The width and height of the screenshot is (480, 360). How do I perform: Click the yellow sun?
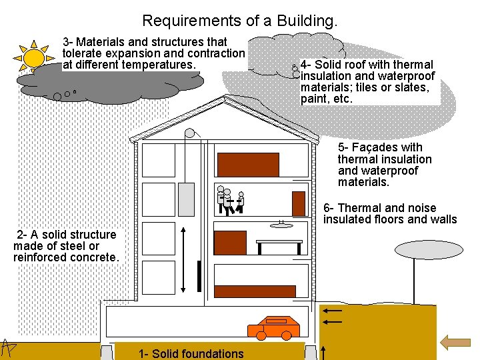click(34, 56)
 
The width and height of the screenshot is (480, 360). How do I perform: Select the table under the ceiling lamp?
click(279, 243)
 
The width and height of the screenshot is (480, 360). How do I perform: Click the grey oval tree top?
click(415, 250)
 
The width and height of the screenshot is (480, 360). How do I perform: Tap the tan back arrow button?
click(456, 343)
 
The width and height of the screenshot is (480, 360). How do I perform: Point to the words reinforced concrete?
click(66, 257)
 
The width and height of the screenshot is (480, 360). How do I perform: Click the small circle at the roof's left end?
click(190, 133)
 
